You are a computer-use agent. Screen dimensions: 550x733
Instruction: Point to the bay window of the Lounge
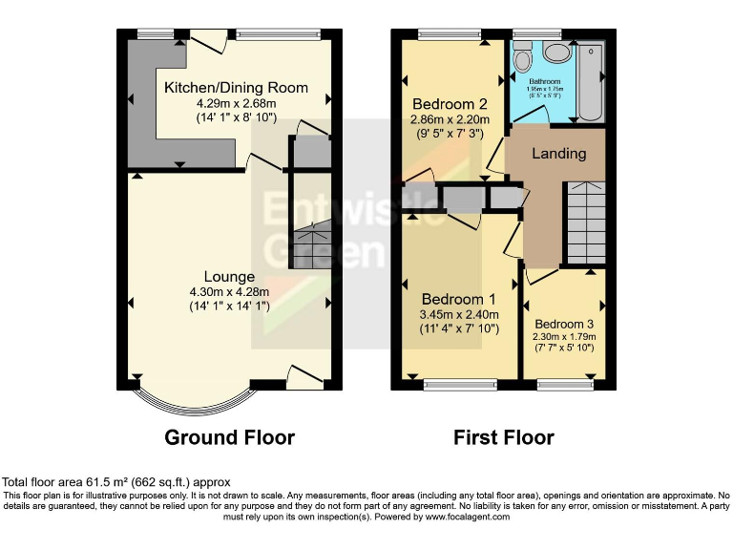[x=195, y=400]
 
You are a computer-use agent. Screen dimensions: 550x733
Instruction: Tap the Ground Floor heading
[x=229, y=437]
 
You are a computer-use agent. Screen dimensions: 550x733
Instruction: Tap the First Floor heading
[x=503, y=437]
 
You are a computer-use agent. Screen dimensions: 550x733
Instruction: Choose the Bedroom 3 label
[x=564, y=323]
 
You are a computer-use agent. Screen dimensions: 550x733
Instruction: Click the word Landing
[x=558, y=153]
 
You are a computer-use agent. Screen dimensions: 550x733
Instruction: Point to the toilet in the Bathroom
[x=522, y=59]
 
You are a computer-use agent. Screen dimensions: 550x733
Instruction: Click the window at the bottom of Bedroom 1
[x=461, y=385]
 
